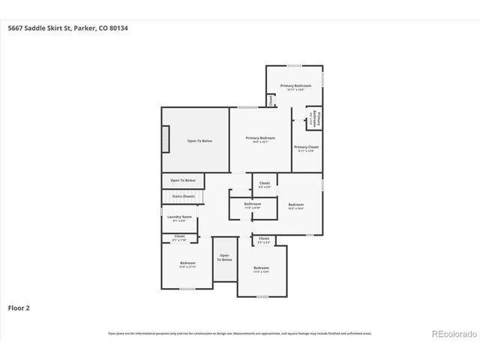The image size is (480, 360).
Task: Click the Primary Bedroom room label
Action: point(260,138)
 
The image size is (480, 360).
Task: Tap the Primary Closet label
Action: point(306,147)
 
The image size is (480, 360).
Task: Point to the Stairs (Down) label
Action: point(183,196)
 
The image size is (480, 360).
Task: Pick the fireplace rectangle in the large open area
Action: point(166,139)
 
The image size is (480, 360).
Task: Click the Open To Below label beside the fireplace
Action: point(199,141)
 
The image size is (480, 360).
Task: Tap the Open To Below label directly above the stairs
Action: point(183,180)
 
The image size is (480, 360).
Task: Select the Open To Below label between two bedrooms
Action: point(225,257)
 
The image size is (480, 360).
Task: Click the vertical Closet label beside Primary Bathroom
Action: point(271,100)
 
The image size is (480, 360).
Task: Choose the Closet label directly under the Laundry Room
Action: point(179,236)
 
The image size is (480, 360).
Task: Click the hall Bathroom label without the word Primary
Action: point(253,204)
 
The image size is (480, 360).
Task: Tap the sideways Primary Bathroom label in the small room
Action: point(316,118)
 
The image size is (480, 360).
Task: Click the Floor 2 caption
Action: point(19,307)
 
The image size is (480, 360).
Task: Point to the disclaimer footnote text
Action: point(240,333)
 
